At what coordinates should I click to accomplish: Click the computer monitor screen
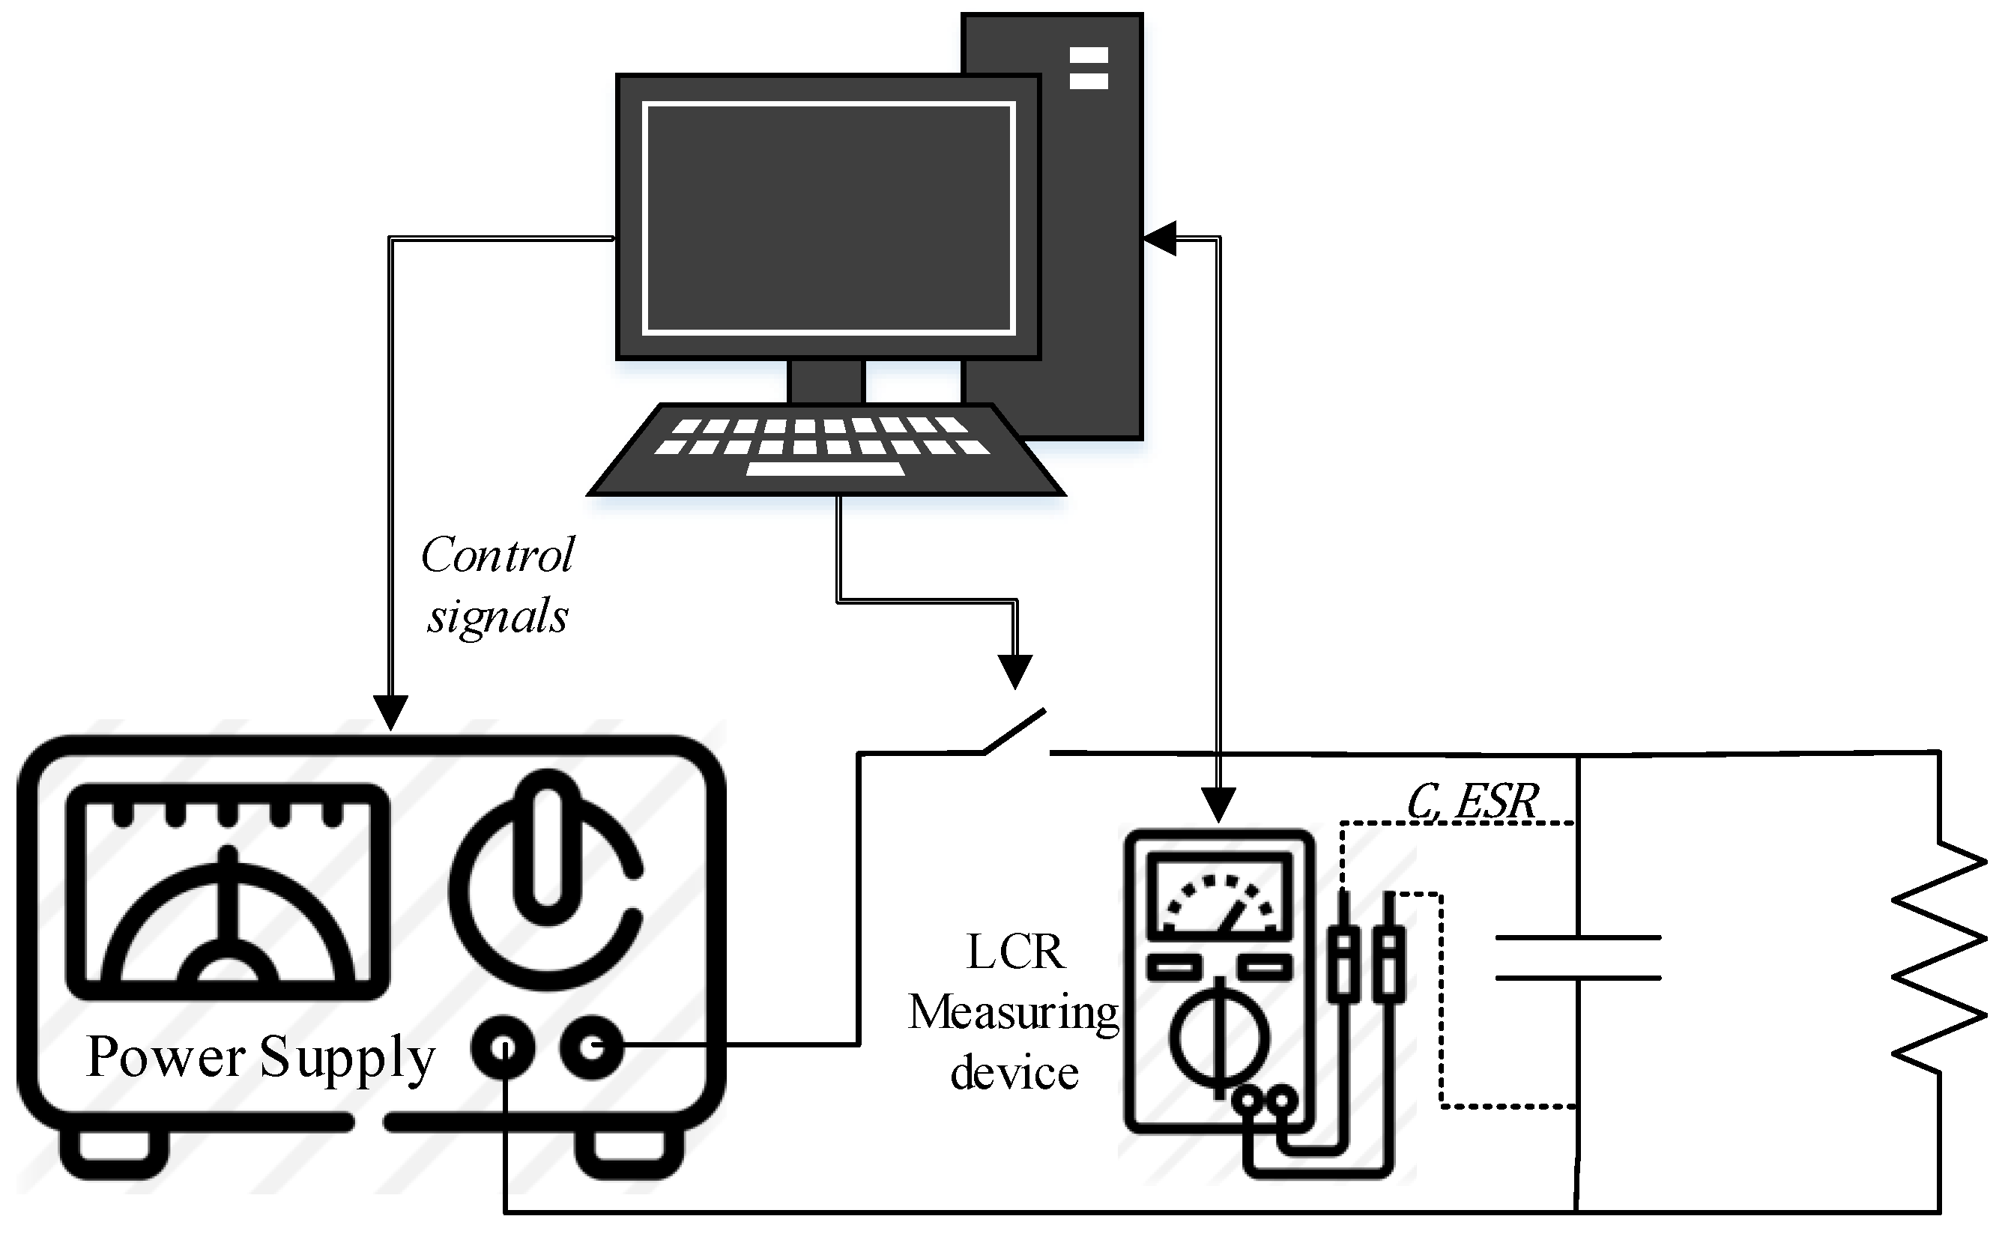828,218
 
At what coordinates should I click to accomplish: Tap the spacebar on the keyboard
825,469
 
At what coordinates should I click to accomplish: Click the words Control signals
497,586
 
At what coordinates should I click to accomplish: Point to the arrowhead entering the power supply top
390,712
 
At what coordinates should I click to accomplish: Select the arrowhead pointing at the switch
1015,671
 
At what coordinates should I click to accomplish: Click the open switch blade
1015,731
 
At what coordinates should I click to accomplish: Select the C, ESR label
1472,802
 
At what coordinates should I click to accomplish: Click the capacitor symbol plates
1578,957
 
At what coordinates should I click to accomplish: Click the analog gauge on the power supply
227,892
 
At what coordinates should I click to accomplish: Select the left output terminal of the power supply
503,1047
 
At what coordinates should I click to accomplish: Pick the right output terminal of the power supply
592,1047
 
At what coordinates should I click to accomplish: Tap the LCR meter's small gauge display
1219,896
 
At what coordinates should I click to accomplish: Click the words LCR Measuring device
1014,1012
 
